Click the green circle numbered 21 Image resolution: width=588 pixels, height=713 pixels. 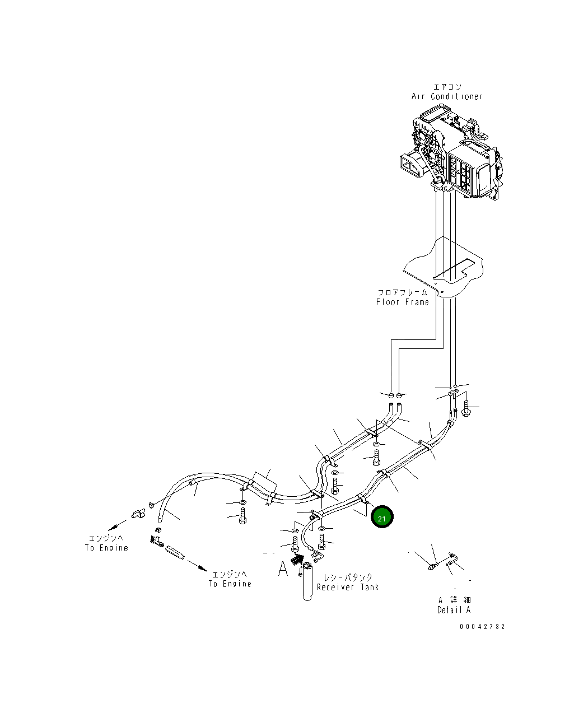(381, 518)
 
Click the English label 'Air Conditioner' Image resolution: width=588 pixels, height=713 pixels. (447, 96)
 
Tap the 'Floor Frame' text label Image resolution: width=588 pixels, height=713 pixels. (403, 302)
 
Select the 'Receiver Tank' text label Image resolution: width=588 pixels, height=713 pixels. (348, 587)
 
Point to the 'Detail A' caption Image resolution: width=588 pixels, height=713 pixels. (454, 609)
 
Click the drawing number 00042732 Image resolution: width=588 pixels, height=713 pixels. (482, 627)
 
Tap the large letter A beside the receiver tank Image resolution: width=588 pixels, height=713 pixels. (283, 569)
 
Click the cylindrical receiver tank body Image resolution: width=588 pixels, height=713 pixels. (307, 586)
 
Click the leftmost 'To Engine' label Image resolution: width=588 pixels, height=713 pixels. (106, 548)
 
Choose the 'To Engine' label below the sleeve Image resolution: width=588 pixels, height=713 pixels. (230, 584)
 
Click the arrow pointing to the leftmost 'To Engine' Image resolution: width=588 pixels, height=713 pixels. (118, 525)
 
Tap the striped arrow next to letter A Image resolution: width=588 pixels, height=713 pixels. (297, 559)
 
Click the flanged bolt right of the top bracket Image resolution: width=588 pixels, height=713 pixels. (466, 407)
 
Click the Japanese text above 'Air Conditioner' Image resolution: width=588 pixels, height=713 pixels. (447, 87)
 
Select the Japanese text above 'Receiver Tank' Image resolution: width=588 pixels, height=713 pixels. (348, 577)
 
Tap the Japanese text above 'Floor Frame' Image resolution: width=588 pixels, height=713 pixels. (402, 292)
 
